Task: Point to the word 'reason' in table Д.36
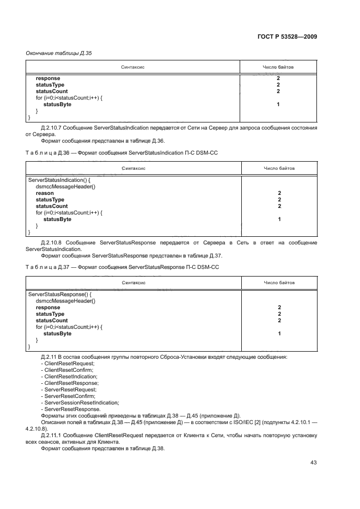pyautogui.click(x=45, y=193)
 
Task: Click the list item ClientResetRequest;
pyautogui.click(x=62, y=363)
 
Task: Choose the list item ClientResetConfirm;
pyautogui.click(x=62, y=370)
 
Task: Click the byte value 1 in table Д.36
pyautogui.click(x=278, y=219)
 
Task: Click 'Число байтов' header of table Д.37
pyautogui.click(x=278, y=283)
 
